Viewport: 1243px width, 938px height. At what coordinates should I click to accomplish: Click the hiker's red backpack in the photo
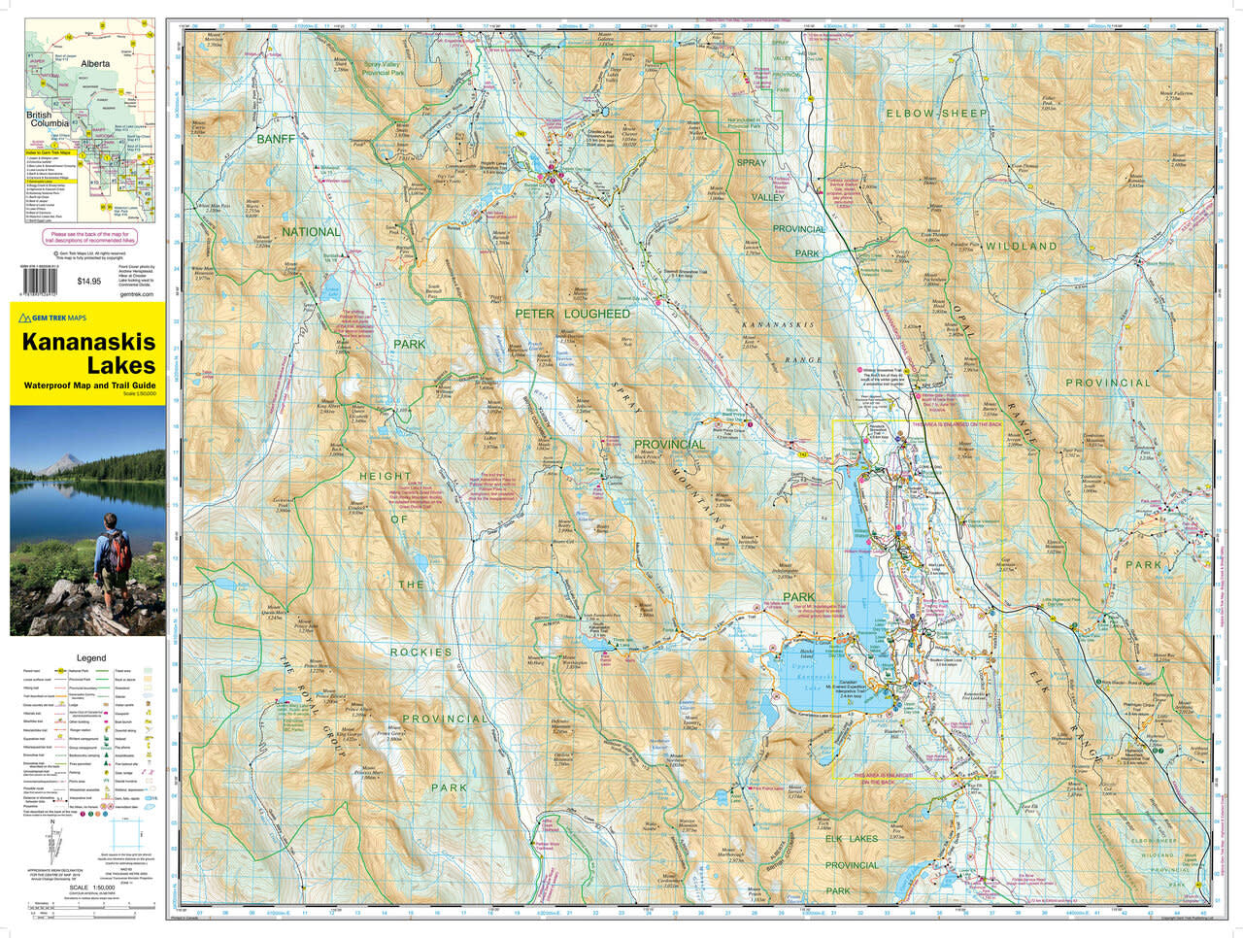click(118, 552)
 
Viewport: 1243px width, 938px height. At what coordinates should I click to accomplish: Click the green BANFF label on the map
click(275, 140)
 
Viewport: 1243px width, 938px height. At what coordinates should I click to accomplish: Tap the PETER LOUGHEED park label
click(572, 314)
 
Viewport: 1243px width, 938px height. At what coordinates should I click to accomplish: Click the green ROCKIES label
click(421, 652)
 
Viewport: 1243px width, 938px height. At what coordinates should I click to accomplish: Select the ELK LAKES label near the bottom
click(851, 838)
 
